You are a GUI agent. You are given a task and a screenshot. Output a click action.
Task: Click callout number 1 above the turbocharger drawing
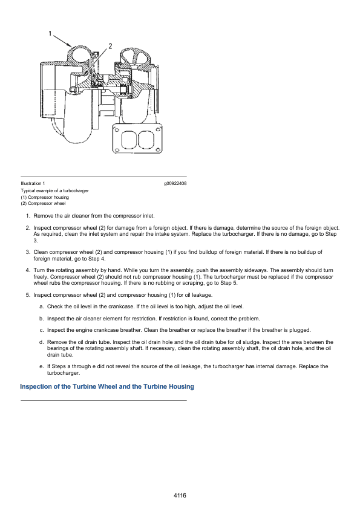[50, 33]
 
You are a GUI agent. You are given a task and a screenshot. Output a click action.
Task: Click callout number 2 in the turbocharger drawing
[110, 46]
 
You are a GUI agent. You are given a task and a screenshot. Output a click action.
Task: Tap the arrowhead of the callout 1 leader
[69, 45]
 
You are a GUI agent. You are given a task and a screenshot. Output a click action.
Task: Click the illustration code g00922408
[175, 183]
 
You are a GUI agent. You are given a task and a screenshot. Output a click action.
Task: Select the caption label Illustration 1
[33, 183]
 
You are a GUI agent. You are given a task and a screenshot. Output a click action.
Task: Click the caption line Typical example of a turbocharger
[54, 190]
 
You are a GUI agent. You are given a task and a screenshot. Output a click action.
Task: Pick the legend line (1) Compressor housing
[45, 197]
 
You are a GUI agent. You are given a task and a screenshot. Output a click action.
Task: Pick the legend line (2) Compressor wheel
[43, 203]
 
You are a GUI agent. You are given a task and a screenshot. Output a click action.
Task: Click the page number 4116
[180, 495]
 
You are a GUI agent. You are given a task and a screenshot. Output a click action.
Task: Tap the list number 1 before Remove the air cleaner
[28, 216]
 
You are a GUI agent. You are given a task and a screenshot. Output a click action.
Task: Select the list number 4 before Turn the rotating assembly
[28, 270]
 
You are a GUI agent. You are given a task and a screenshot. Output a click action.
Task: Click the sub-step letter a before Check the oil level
[41, 306]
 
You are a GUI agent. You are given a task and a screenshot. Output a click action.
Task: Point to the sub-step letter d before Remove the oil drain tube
[41, 342]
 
